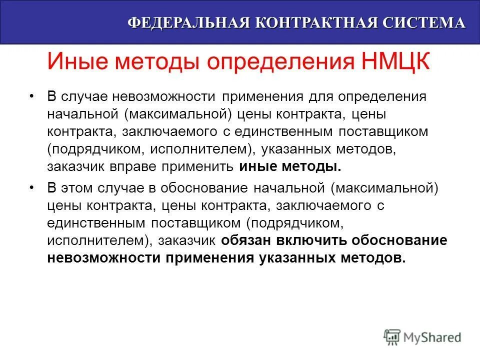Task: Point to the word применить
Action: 200,166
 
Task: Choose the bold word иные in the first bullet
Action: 257,166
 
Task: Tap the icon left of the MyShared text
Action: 392,336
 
